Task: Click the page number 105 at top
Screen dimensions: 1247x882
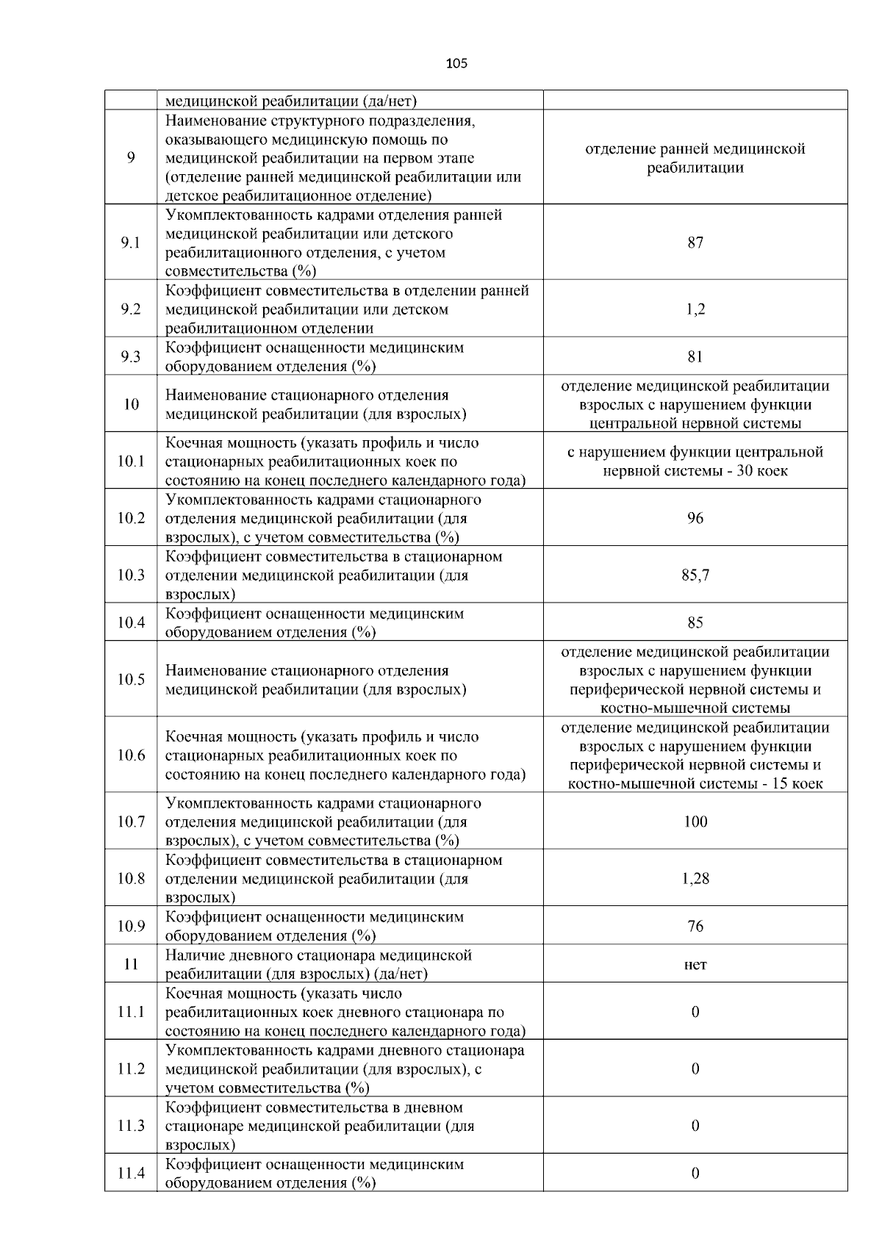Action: tap(456, 64)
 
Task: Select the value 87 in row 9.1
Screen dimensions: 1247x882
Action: tap(695, 243)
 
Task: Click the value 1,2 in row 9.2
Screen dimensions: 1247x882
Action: tap(695, 309)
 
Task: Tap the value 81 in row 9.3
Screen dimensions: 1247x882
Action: tap(695, 357)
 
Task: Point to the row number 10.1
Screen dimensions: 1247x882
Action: tap(131, 461)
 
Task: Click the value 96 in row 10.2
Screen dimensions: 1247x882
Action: tap(695, 519)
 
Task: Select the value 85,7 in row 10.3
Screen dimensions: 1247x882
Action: tap(695, 575)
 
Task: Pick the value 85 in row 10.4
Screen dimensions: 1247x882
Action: tap(695, 623)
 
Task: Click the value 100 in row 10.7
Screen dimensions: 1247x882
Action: tap(695, 822)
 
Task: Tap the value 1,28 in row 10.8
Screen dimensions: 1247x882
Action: tap(695, 879)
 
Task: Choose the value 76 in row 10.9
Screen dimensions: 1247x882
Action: tap(695, 927)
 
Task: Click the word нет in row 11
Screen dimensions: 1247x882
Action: tap(695, 965)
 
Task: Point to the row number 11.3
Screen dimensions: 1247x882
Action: tap(131, 1126)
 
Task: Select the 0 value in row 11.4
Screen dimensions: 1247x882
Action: tap(695, 1174)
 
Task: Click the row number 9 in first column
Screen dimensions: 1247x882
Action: tap(131, 158)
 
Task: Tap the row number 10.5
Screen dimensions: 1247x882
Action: tap(131, 680)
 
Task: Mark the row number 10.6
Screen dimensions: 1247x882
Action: tap(131, 755)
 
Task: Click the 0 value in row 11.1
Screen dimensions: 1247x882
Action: tap(695, 1013)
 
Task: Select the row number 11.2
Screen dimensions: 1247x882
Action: tap(131, 1069)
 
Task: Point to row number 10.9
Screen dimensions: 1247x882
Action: tap(131, 927)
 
